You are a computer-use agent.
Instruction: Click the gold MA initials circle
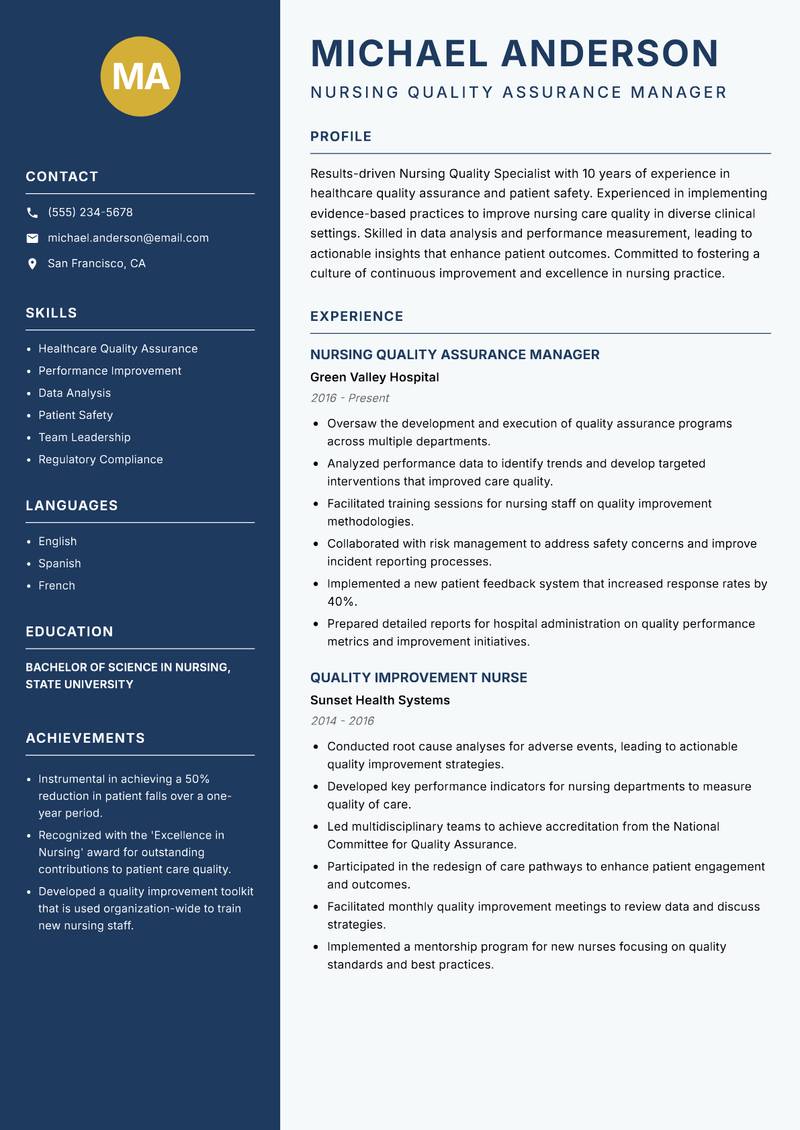click(x=141, y=76)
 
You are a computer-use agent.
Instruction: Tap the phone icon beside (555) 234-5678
click(x=32, y=213)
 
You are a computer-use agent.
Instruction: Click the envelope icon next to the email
click(x=32, y=238)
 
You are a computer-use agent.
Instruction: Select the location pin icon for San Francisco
click(x=32, y=264)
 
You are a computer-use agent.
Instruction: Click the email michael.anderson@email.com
click(x=128, y=238)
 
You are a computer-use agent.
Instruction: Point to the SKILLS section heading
click(x=51, y=313)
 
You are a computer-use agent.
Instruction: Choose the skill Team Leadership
click(x=84, y=437)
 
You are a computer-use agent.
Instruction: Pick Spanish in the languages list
click(x=59, y=563)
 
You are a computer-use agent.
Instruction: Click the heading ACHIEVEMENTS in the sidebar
click(x=85, y=738)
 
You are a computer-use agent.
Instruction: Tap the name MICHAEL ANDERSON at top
click(x=515, y=53)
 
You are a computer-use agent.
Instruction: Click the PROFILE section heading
click(x=341, y=137)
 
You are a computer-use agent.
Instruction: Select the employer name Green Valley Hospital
click(x=374, y=377)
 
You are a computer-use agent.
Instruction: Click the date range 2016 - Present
click(x=349, y=398)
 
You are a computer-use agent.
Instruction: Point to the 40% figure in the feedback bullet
click(x=341, y=601)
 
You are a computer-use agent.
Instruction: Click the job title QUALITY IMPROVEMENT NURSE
click(x=418, y=678)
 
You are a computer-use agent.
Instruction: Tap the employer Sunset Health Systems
click(x=380, y=700)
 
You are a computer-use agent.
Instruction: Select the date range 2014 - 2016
click(x=342, y=721)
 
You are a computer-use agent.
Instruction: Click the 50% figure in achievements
click(x=198, y=779)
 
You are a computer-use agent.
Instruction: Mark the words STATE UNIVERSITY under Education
click(x=79, y=685)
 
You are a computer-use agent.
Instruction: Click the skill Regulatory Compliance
click(x=100, y=459)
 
